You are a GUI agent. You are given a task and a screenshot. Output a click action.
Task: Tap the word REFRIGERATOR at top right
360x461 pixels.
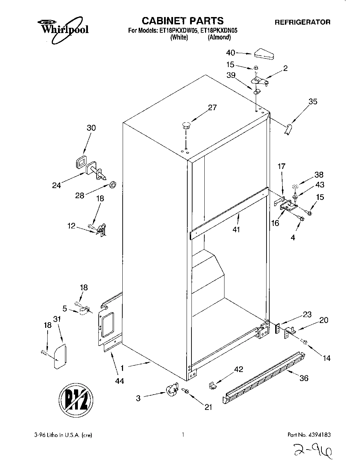point(302,22)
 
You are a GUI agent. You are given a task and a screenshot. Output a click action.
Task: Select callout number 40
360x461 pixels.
point(230,53)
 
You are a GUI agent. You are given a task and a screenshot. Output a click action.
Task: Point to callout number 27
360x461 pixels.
point(212,107)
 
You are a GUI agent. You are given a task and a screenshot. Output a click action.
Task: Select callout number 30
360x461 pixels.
point(91,128)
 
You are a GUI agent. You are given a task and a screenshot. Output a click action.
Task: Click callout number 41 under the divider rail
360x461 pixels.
point(236,229)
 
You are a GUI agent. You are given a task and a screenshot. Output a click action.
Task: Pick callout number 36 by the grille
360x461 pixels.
point(304,378)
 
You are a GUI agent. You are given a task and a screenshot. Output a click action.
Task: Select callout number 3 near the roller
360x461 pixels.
point(138,398)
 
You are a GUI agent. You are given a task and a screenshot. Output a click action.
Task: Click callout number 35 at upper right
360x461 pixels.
point(313,102)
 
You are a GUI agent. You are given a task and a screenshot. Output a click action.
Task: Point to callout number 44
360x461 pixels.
point(120,381)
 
